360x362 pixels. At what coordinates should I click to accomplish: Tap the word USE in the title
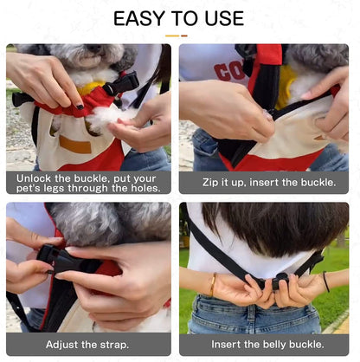(x=224, y=18)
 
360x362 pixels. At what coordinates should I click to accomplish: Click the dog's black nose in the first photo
(x=94, y=48)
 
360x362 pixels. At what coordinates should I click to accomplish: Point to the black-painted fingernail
(x=80, y=107)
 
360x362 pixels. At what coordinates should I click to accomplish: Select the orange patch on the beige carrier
(x=75, y=145)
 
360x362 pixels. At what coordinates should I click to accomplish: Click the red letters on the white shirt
(x=229, y=72)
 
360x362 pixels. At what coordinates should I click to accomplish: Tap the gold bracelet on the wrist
(x=213, y=285)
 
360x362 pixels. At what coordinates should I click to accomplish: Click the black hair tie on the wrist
(x=326, y=281)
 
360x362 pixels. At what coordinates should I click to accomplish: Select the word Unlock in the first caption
(x=34, y=178)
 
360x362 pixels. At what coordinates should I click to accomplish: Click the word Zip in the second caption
(x=209, y=183)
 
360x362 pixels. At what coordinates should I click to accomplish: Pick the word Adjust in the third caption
(x=62, y=345)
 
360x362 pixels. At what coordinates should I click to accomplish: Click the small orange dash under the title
(x=184, y=36)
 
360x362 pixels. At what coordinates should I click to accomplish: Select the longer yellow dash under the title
(x=172, y=36)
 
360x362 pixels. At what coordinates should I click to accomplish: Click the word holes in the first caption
(x=145, y=189)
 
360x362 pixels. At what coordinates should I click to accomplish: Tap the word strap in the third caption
(x=114, y=345)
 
